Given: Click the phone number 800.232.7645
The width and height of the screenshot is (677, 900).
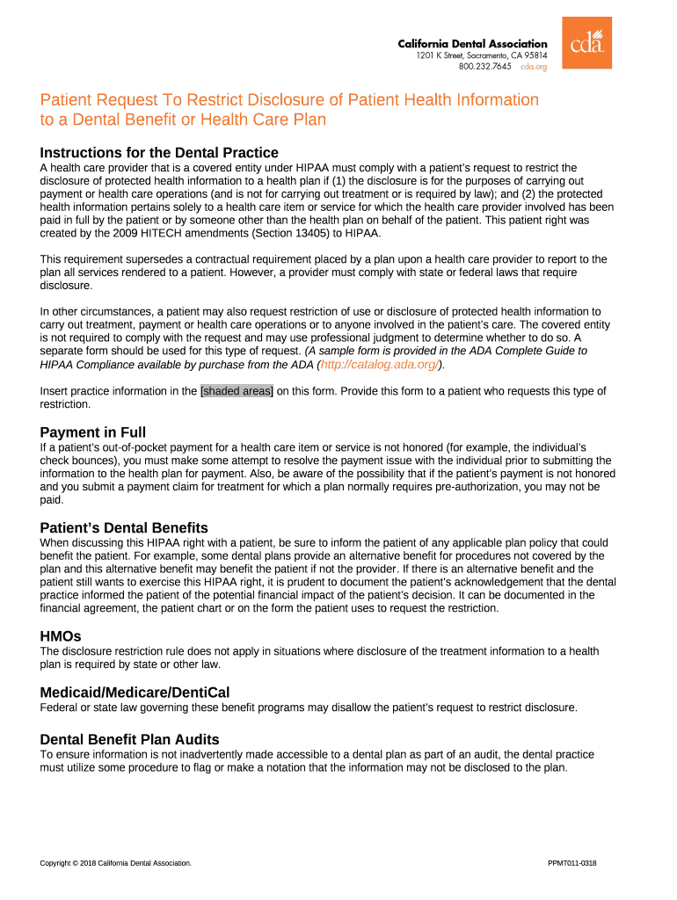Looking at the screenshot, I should (x=484, y=66).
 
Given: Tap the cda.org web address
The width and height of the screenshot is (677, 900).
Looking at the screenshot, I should (x=534, y=66).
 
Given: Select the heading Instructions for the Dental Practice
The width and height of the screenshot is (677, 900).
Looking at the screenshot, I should (x=159, y=152).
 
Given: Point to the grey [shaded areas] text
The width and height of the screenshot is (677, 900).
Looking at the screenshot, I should (x=237, y=391).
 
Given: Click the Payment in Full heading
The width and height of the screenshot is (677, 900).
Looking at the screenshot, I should (x=93, y=432).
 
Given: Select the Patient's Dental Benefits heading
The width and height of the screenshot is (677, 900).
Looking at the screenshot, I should (x=124, y=527).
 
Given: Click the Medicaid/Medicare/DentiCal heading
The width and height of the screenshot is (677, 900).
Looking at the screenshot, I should (x=135, y=693).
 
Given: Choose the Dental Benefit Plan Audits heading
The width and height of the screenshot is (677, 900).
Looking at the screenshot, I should (x=129, y=739).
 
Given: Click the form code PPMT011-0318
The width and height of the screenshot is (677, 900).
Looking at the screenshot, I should (x=571, y=863).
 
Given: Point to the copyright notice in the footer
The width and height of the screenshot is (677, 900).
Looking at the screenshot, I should (x=115, y=863).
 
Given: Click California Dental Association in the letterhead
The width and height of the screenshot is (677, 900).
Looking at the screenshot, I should (x=472, y=44).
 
